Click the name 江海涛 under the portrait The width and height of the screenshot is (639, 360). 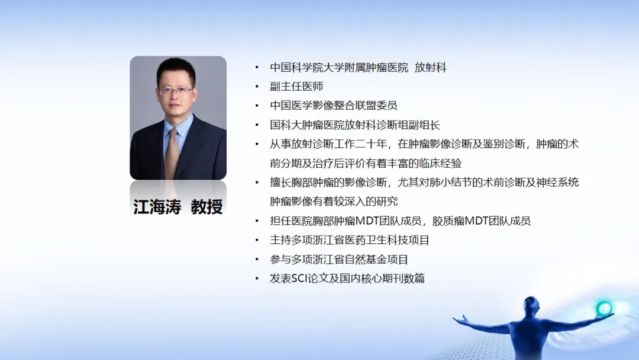pyautogui.click(x=157, y=207)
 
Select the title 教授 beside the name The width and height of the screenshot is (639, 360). pyautogui.click(x=206, y=207)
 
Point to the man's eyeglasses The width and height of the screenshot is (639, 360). pyautogui.click(x=175, y=91)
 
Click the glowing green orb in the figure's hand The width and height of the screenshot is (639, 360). pyautogui.click(x=603, y=308)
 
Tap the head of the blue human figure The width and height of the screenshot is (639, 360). pyautogui.click(x=532, y=304)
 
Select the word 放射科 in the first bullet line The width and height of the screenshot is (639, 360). pyautogui.click(x=430, y=67)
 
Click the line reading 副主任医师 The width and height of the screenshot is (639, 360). pyautogui.click(x=296, y=86)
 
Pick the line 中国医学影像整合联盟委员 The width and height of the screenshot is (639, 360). pyautogui.click(x=333, y=105)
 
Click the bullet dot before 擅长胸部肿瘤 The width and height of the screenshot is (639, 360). pyautogui.click(x=257, y=182)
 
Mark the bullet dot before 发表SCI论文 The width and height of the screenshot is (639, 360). pyautogui.click(x=257, y=278)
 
